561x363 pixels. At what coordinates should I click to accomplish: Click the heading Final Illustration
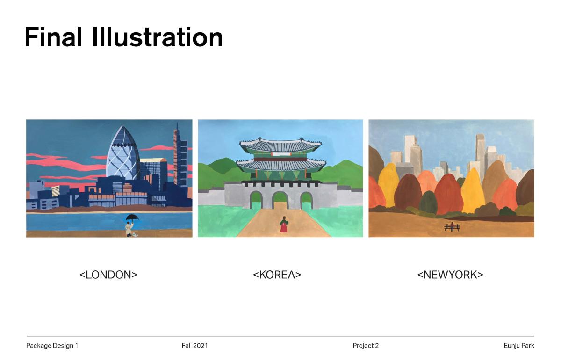pyautogui.click(x=124, y=37)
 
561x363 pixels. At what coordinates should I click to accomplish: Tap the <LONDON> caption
pyautogui.click(x=108, y=275)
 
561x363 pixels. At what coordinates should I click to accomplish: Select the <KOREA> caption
pyautogui.click(x=277, y=275)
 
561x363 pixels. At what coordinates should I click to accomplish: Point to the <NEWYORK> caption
pyautogui.click(x=450, y=275)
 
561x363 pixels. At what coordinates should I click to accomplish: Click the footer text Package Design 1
pyautogui.click(x=52, y=346)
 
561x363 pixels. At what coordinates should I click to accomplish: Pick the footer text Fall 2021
pyautogui.click(x=195, y=346)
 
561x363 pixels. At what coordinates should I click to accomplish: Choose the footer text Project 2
pyautogui.click(x=366, y=346)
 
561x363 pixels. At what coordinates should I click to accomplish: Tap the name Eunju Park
pyautogui.click(x=519, y=346)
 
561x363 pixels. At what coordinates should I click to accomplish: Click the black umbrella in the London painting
pyautogui.click(x=132, y=217)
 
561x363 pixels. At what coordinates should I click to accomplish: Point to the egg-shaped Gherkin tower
pyautogui.click(x=123, y=153)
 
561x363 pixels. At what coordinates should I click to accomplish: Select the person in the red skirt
pyautogui.click(x=284, y=225)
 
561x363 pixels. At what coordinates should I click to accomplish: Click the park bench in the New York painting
pyautogui.click(x=452, y=227)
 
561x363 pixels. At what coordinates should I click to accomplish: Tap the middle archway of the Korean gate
pyautogui.click(x=280, y=200)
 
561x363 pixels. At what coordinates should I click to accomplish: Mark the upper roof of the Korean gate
pyautogui.click(x=280, y=145)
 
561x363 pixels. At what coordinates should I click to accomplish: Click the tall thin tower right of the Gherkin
pyautogui.click(x=180, y=155)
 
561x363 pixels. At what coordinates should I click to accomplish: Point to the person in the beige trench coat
pyautogui.click(x=129, y=229)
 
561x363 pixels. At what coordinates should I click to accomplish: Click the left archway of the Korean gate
pyautogui.click(x=256, y=200)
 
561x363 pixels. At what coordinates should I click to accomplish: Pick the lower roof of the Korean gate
pyautogui.click(x=281, y=165)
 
